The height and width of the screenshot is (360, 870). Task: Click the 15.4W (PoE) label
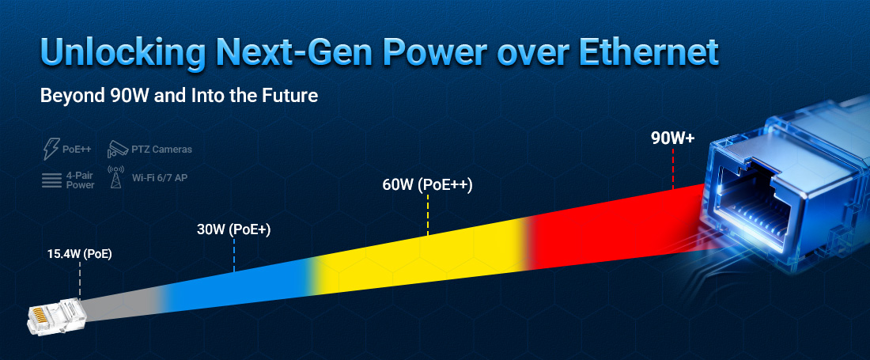(79, 255)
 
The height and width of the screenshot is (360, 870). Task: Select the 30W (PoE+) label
(234, 230)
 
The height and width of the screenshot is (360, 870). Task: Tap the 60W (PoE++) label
(427, 186)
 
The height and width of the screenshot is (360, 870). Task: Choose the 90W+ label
(672, 138)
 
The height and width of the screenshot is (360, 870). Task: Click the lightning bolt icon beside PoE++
(50, 149)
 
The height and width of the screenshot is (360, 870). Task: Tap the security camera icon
(116, 148)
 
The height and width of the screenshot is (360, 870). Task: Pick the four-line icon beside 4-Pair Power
(51, 180)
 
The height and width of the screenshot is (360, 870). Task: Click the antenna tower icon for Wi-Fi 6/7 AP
(115, 179)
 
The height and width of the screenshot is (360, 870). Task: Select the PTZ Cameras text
(161, 149)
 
